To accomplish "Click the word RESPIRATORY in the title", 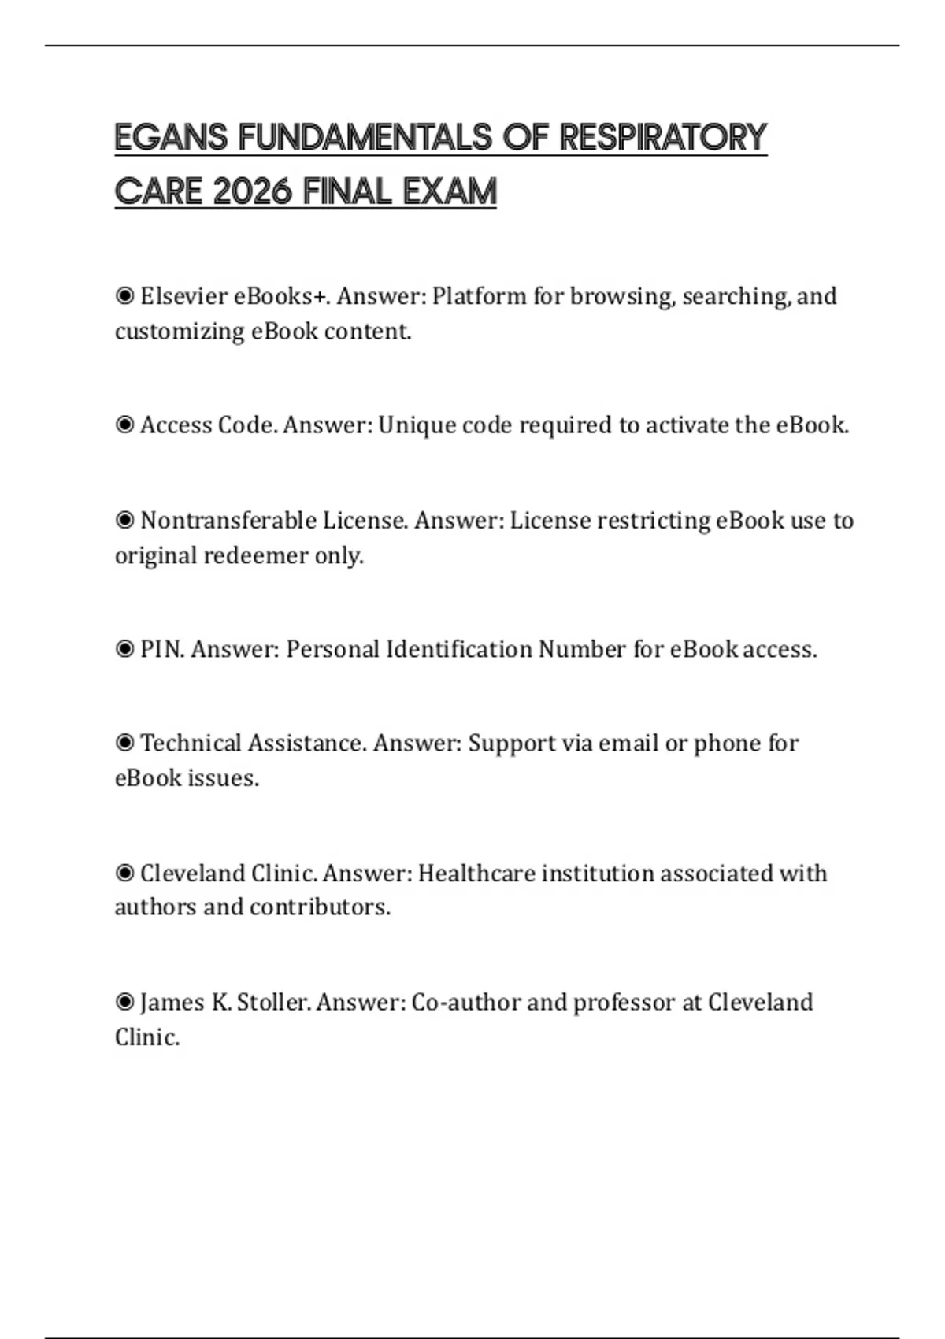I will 662,138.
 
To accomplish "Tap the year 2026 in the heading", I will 253,192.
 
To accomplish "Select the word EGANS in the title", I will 171,138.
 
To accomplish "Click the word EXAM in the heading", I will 450,192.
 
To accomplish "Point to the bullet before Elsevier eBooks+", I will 124,296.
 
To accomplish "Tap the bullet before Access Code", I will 124,425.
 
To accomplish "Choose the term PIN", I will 162,649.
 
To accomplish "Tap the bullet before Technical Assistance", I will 124,743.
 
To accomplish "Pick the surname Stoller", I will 273,1003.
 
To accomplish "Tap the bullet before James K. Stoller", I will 124,1003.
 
